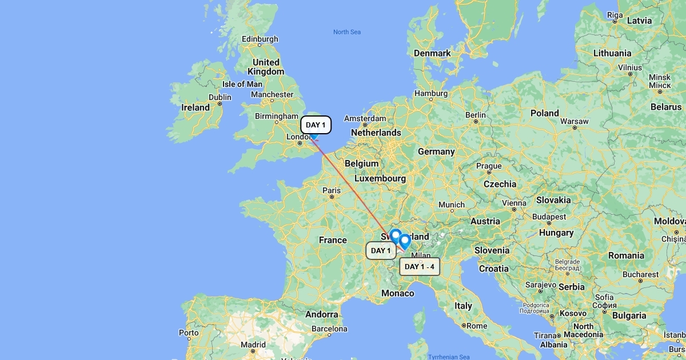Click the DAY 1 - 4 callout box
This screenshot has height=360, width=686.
(x=420, y=266)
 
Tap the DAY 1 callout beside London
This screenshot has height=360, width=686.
(x=316, y=125)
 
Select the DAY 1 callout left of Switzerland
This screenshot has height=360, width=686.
(x=381, y=250)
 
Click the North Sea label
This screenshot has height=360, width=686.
(x=347, y=32)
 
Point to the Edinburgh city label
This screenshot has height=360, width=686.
(x=260, y=39)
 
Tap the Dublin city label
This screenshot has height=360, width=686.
(x=220, y=98)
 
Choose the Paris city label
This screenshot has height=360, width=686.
(x=332, y=190)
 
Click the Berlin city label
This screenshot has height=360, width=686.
(x=475, y=115)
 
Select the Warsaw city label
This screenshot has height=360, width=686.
(x=575, y=121)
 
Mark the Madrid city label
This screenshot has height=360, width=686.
(x=253, y=345)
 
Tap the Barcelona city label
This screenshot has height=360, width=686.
(x=329, y=329)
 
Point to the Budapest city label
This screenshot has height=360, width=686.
(x=549, y=217)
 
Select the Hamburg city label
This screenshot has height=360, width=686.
(x=431, y=93)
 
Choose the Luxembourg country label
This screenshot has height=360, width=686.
(x=380, y=178)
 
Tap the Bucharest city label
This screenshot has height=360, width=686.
(x=640, y=274)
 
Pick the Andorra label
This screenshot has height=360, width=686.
(x=321, y=314)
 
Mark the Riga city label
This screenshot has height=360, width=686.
(x=615, y=15)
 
